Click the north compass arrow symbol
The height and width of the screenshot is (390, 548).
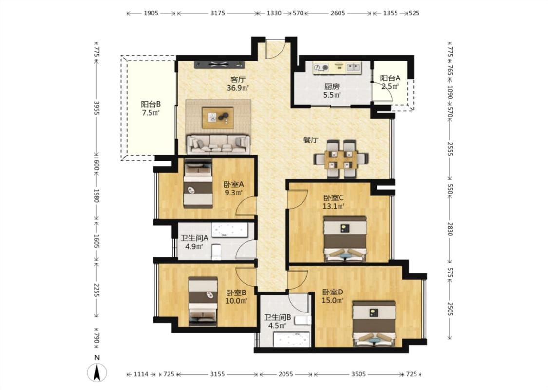(x=97, y=372)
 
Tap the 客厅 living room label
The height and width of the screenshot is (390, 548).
(x=238, y=79)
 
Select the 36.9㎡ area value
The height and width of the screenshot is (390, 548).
(x=238, y=88)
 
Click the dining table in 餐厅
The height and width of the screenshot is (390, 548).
(x=341, y=159)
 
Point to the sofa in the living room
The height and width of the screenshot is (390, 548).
(x=218, y=144)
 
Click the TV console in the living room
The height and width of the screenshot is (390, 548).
(x=219, y=64)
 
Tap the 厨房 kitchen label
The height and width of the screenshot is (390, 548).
(x=332, y=86)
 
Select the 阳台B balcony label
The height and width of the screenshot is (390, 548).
(x=151, y=104)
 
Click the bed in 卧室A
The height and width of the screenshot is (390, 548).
(x=198, y=184)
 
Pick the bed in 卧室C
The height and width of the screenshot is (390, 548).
(x=345, y=239)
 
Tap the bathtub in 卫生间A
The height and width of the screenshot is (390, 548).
(x=229, y=230)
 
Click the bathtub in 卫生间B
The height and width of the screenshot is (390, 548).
(x=291, y=339)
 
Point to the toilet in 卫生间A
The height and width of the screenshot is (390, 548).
(x=216, y=252)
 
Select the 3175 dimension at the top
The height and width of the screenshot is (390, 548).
(x=218, y=13)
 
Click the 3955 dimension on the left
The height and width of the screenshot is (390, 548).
(x=97, y=108)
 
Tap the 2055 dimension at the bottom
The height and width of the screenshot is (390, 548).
(x=285, y=374)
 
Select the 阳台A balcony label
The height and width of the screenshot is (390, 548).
(x=390, y=78)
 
